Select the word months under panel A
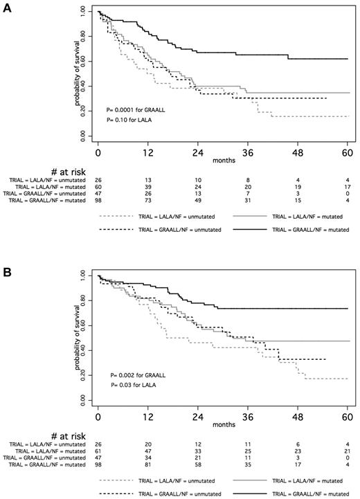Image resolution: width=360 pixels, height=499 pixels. pyautogui.click(x=222, y=159)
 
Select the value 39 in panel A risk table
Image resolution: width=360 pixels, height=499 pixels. pyautogui.click(x=147, y=187)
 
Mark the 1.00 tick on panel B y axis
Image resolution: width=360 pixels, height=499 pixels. pyautogui.click(x=84, y=275)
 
